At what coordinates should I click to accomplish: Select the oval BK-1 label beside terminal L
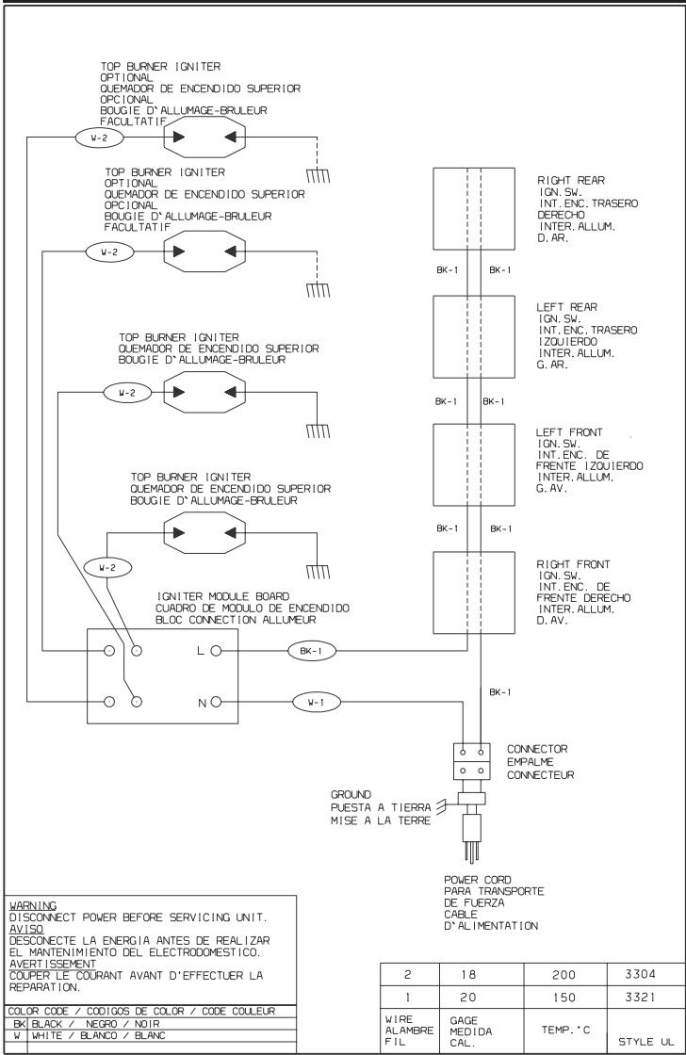click(310, 650)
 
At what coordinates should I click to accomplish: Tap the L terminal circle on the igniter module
click(216, 651)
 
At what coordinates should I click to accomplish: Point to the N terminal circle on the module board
click(216, 702)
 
